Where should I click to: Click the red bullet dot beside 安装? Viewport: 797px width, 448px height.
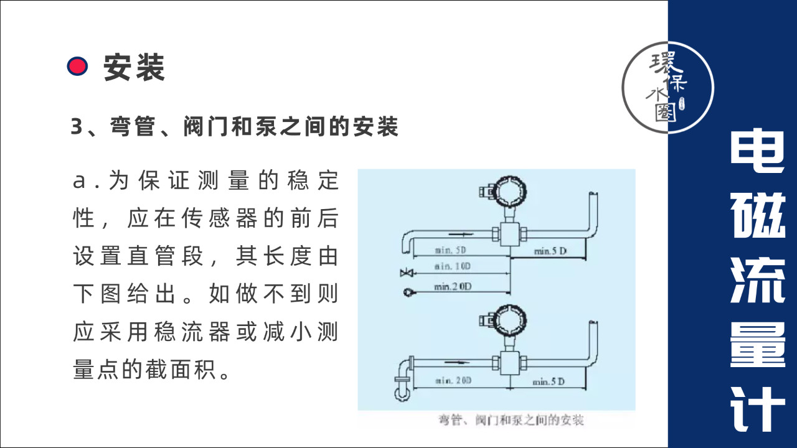click(x=77, y=66)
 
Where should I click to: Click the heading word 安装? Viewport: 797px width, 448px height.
click(x=134, y=67)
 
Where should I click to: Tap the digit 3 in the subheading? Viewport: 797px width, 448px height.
click(x=77, y=126)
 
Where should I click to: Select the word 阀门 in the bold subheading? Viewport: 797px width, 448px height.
click(x=205, y=126)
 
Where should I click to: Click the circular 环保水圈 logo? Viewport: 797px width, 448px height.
click(x=667, y=88)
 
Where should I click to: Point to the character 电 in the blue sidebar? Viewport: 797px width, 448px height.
click(x=758, y=151)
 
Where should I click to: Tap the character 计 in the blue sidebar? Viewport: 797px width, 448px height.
click(x=758, y=409)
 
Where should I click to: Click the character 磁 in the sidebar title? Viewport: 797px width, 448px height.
click(x=758, y=215)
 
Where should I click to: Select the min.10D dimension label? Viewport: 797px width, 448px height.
click(x=452, y=266)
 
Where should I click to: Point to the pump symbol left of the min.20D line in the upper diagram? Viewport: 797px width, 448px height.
click(x=408, y=292)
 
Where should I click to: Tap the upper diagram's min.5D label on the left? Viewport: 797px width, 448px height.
click(x=450, y=250)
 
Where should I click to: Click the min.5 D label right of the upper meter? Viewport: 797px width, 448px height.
click(x=550, y=251)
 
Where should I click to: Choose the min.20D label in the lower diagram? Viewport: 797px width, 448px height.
click(x=453, y=381)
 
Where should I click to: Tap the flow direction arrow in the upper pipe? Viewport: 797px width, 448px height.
click(x=461, y=235)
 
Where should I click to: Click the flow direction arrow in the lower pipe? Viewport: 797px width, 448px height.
click(x=457, y=362)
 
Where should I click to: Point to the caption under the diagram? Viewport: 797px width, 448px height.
click(x=511, y=420)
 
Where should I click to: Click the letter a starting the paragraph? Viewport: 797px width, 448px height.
click(x=79, y=180)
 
